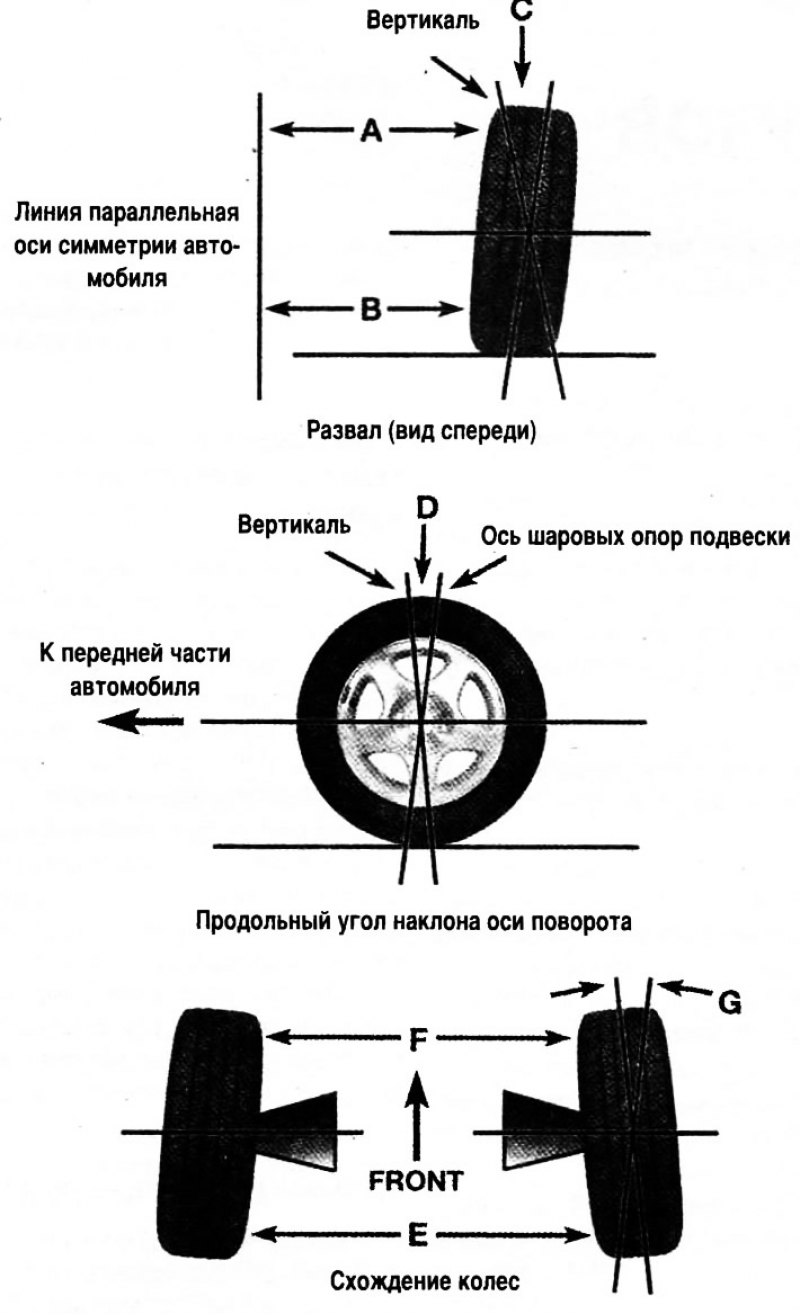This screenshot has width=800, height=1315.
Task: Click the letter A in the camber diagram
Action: point(371,130)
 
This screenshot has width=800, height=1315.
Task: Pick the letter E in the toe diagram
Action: point(418,1235)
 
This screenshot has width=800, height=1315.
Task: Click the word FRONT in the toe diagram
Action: point(417,1180)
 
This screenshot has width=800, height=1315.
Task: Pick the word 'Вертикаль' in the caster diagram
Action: point(294,525)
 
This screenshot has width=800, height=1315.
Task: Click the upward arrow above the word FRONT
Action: point(419,1110)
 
